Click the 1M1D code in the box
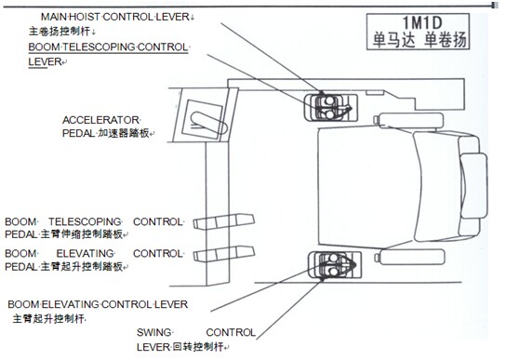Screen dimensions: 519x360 [422, 23]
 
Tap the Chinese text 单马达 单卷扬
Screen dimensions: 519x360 [419, 40]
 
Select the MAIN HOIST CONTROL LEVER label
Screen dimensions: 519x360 [114, 17]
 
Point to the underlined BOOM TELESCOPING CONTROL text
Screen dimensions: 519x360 [108, 47]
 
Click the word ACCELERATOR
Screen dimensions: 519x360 [100, 120]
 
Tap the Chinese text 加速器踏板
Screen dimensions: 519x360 [124, 133]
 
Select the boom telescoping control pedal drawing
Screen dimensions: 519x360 [224, 221]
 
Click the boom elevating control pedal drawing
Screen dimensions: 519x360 [224, 254]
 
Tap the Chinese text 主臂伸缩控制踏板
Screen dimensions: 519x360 [82, 234]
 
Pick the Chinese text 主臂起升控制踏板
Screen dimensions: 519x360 [82, 267]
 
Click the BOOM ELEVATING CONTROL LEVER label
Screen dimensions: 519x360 [98, 304]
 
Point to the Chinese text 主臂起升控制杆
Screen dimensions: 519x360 [48, 319]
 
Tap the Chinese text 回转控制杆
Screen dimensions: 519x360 [198, 347]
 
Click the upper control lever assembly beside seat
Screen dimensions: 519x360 [331, 107]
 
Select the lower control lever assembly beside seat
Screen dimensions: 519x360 [335, 264]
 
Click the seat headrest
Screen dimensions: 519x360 [473, 185]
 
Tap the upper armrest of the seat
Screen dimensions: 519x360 [409, 120]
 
